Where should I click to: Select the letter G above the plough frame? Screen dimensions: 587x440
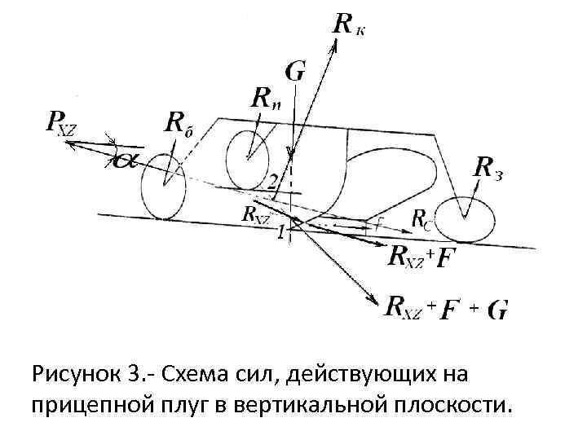pyautogui.click(x=294, y=72)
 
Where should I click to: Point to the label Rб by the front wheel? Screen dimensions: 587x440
pyautogui.click(x=183, y=125)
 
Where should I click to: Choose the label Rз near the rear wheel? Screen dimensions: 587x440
pyautogui.click(x=488, y=169)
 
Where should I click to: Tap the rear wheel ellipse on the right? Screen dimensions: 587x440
pyautogui.click(x=464, y=218)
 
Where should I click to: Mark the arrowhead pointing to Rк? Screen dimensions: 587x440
pyautogui.click(x=334, y=42)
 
